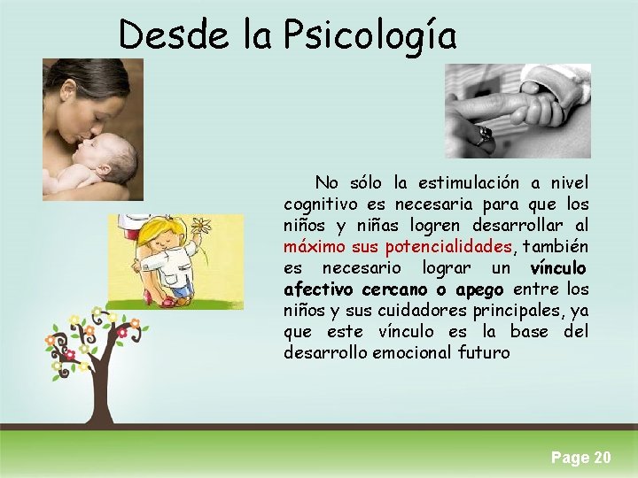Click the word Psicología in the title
click(x=370, y=36)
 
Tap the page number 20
click(x=602, y=458)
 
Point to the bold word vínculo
click(x=557, y=267)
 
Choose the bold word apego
click(x=479, y=289)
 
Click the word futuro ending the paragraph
click(x=486, y=352)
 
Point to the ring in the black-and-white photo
click(x=482, y=135)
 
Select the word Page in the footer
click(x=570, y=458)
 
